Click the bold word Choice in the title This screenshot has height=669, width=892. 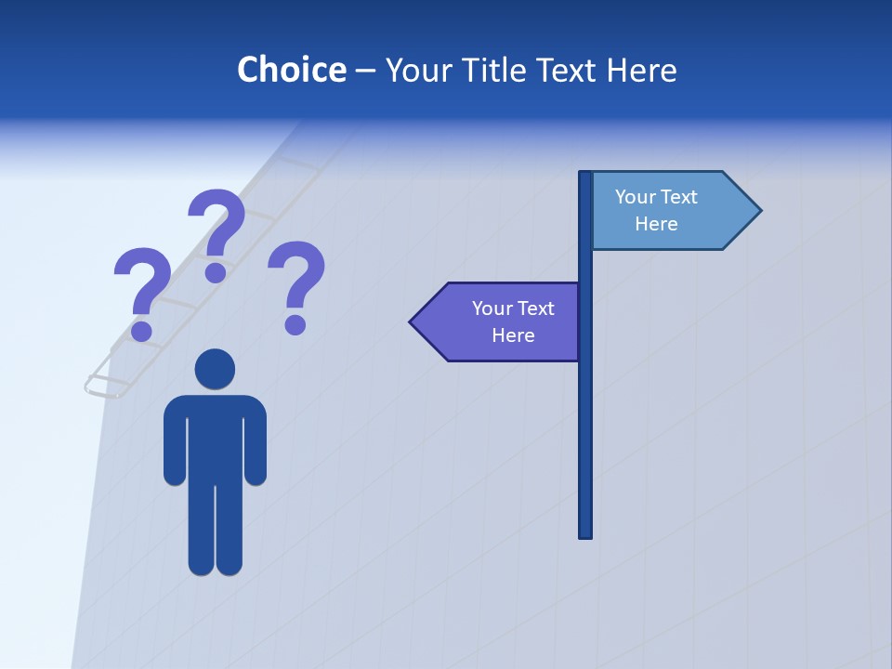(x=291, y=70)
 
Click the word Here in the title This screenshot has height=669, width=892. (x=641, y=70)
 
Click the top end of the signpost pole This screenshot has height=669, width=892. (x=585, y=175)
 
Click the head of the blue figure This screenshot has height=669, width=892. (x=215, y=369)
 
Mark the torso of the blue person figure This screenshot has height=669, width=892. (x=215, y=437)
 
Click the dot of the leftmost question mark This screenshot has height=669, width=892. (x=142, y=329)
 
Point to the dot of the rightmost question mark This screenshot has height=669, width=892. (x=295, y=323)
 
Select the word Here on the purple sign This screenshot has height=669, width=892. (x=513, y=335)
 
